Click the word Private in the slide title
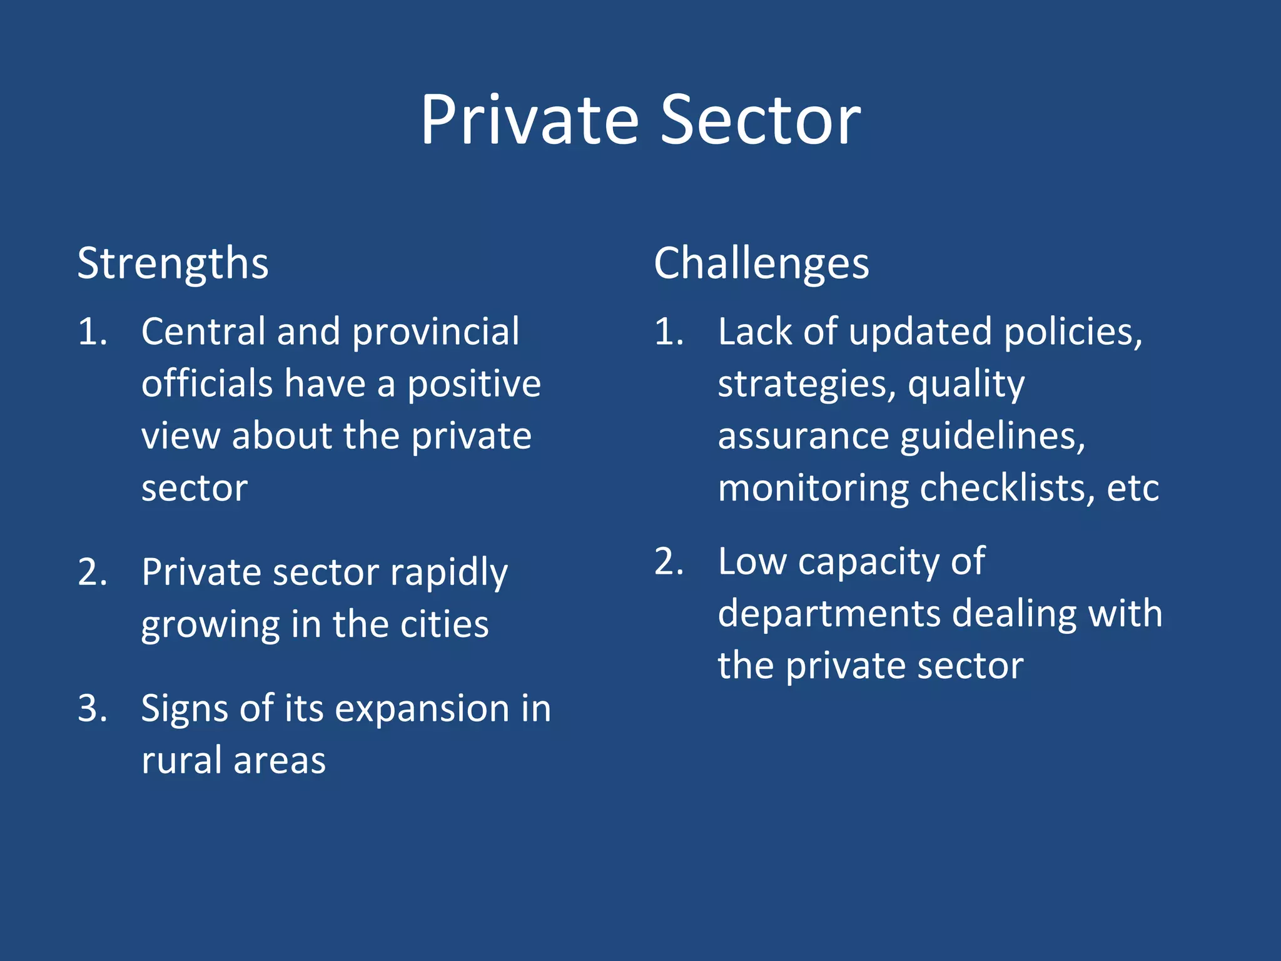(x=529, y=120)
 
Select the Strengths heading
(x=173, y=264)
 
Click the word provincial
(x=435, y=332)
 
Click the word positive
(x=474, y=384)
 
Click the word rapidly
(x=448, y=573)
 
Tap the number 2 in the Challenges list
(x=668, y=561)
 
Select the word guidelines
(x=993, y=436)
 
